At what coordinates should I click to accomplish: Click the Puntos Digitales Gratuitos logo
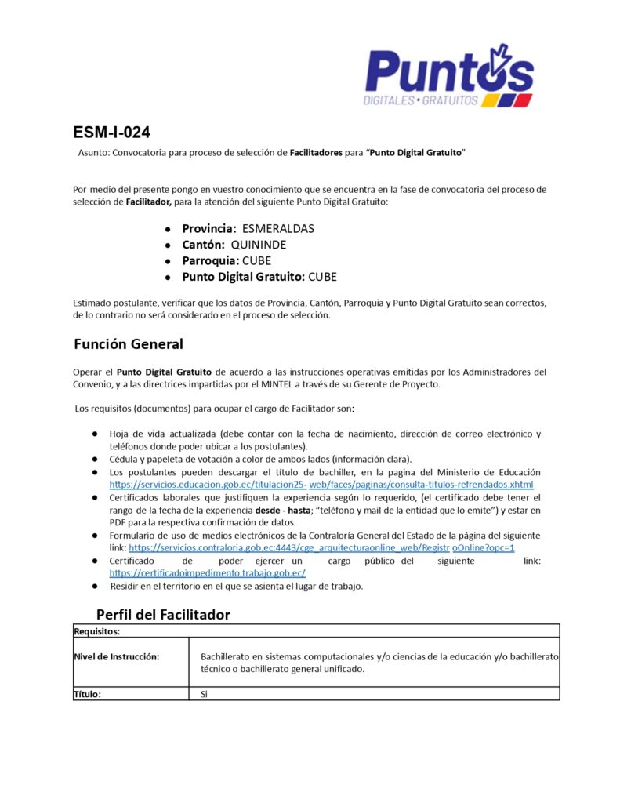[448, 76]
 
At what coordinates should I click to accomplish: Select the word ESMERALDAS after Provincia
[277, 229]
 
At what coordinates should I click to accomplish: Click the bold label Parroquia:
[210, 260]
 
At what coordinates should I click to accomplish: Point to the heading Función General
[129, 344]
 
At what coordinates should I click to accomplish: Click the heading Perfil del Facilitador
[163, 614]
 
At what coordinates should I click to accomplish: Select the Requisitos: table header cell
[96, 630]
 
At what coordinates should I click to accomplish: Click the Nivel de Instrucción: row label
[117, 656]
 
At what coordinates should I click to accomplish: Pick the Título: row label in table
[88, 694]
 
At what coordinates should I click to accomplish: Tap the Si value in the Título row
[204, 694]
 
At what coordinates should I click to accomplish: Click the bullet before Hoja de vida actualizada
[93, 434]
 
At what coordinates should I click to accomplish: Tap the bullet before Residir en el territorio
[93, 586]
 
